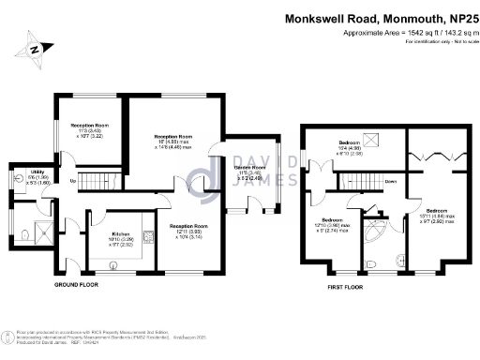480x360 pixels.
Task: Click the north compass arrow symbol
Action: [36, 48]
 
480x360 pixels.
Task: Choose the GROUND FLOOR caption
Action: [75, 283]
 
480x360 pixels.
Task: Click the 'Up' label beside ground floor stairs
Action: [72, 180]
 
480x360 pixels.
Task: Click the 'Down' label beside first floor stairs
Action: [390, 181]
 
